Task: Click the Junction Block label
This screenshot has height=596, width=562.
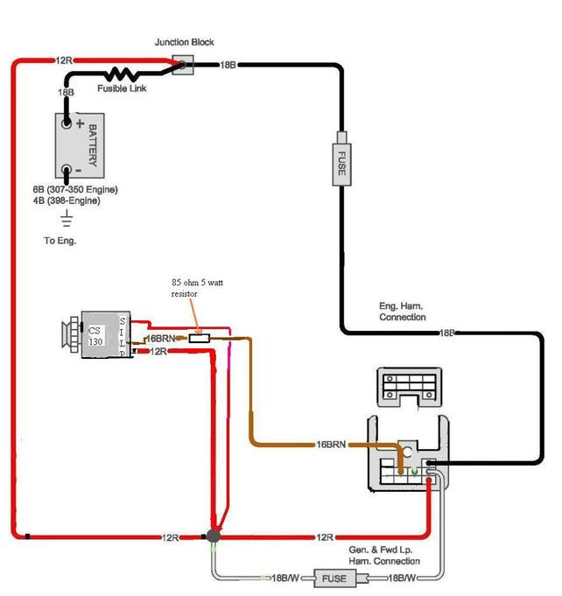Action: click(x=184, y=42)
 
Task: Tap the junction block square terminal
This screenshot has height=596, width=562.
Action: click(x=183, y=65)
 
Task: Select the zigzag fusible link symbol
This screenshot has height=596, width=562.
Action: click(x=121, y=74)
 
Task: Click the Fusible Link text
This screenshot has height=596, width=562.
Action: click(x=122, y=88)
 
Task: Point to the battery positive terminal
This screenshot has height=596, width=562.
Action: click(x=67, y=123)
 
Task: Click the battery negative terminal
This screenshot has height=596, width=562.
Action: click(x=67, y=170)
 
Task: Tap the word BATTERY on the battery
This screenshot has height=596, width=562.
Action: click(x=93, y=145)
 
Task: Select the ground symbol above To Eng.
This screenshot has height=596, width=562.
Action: click(x=67, y=218)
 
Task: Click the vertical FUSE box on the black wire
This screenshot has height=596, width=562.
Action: click(x=341, y=165)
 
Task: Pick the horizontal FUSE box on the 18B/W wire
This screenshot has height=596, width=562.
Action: click(x=334, y=578)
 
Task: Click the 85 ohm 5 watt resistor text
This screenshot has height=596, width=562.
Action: click(x=197, y=288)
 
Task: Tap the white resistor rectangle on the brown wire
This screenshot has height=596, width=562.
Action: click(x=200, y=339)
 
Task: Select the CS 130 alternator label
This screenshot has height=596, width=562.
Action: click(x=95, y=336)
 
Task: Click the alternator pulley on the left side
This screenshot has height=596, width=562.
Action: click(x=71, y=334)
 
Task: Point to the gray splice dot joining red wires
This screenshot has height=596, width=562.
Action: click(x=214, y=536)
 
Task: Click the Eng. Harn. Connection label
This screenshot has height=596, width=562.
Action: click(x=403, y=312)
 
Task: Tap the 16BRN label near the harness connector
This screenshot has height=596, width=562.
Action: click(x=331, y=445)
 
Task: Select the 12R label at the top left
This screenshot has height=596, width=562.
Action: click(x=64, y=60)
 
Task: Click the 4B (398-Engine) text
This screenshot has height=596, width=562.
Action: click(x=67, y=200)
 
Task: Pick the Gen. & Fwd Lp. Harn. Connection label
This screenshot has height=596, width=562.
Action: click(x=384, y=556)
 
